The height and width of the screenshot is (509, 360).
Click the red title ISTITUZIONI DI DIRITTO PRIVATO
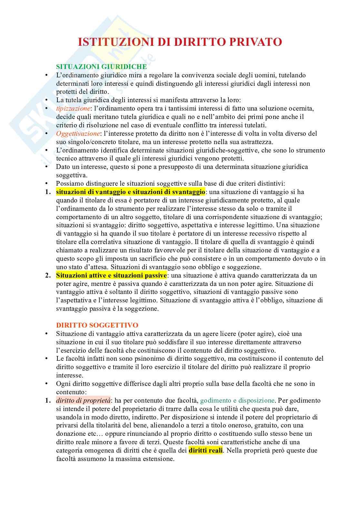pyautogui.click(x=180, y=42)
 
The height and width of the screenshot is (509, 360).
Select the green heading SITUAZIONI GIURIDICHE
pyautogui.click(x=101, y=67)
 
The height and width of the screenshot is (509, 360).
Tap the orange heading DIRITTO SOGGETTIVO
pyautogui.click(x=97, y=325)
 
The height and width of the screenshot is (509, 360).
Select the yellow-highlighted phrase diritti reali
pyautogui.click(x=205, y=450)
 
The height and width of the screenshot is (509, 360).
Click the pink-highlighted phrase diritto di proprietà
pyautogui.click(x=83, y=400)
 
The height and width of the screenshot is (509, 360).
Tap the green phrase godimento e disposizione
pyautogui.click(x=237, y=400)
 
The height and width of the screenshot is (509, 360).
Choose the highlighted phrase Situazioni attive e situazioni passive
pyautogui.click(x=111, y=275)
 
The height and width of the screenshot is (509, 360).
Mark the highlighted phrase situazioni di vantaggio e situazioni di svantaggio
pyautogui.click(x=131, y=192)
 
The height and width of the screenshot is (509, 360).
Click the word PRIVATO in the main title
pyautogui.click(x=255, y=42)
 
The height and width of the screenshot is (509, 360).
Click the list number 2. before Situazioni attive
pyautogui.click(x=48, y=276)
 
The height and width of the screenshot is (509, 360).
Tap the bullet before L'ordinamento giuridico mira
pyautogui.click(x=46, y=75)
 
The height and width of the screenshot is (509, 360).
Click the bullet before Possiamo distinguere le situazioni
pyautogui.click(x=46, y=183)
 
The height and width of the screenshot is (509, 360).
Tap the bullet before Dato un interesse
pyautogui.click(x=46, y=167)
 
